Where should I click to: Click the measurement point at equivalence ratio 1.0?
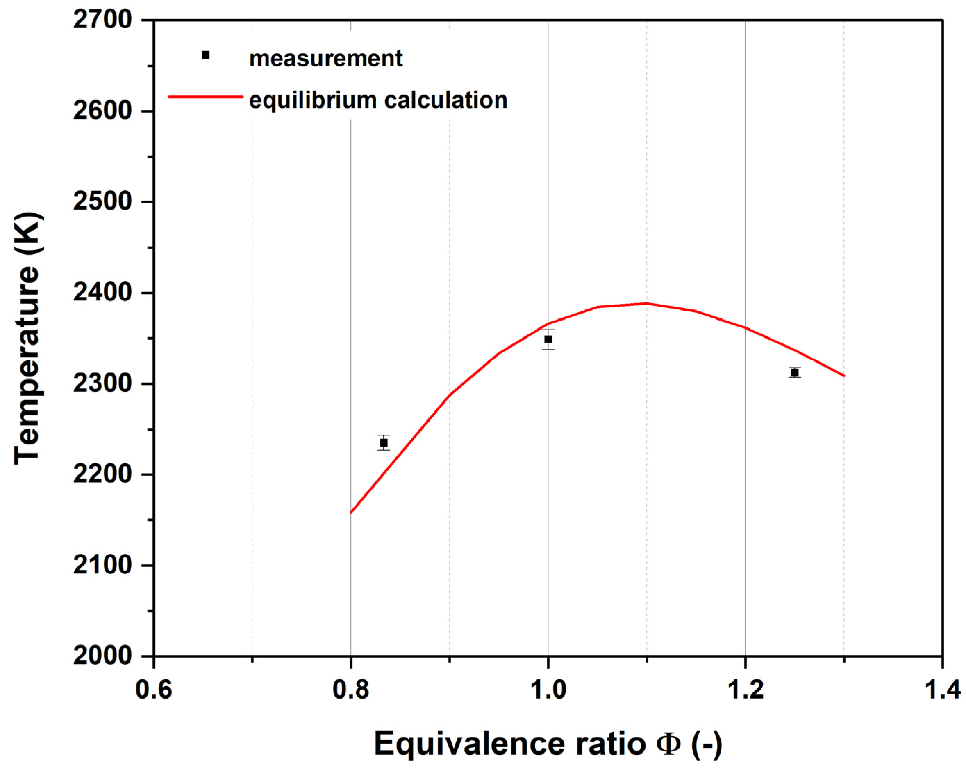click(548, 339)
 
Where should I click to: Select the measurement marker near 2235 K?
click(384, 443)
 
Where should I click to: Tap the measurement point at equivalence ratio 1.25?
click(795, 373)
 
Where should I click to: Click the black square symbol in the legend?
click(206, 55)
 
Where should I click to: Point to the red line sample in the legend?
click(205, 97)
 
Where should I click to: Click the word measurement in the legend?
click(326, 59)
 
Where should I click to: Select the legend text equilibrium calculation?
click(378, 100)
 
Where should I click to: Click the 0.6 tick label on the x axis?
click(154, 690)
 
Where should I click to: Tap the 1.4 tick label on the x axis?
click(942, 690)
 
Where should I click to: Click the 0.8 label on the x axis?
click(351, 690)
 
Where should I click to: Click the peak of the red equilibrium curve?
click(647, 303)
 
